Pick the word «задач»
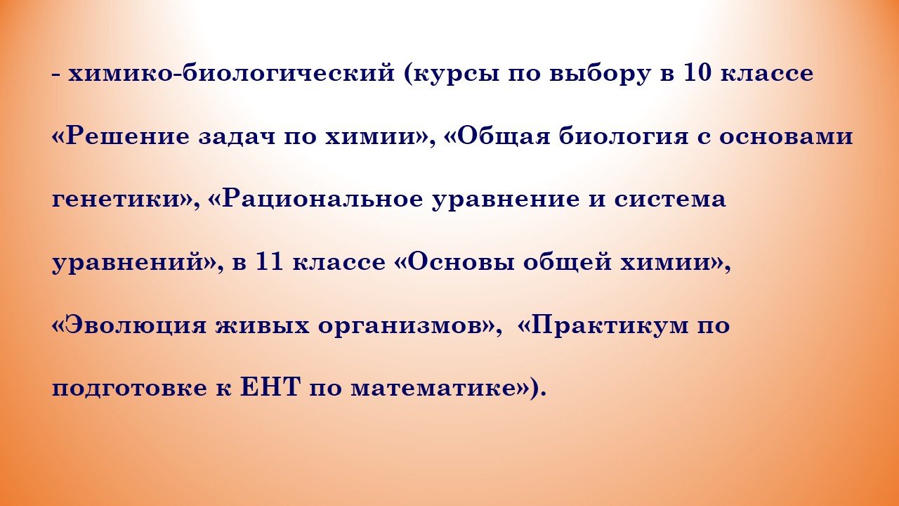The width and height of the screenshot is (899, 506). (237, 137)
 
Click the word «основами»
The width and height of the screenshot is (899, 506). (786, 137)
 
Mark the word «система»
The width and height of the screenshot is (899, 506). (670, 200)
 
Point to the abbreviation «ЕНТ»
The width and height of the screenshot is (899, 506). (270, 387)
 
